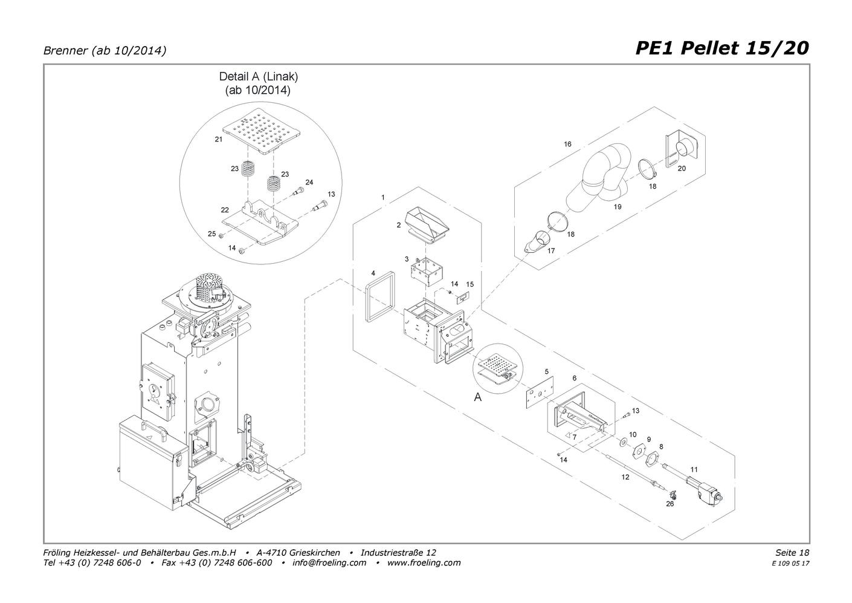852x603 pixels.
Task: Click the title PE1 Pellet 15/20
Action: pos(721,48)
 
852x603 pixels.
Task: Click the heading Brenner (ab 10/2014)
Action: pos(105,51)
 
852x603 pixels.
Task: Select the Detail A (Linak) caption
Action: pos(258,83)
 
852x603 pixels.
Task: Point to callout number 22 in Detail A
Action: pos(225,210)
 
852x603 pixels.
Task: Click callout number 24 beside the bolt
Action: pos(309,182)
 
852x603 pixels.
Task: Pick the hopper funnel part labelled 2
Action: pos(428,224)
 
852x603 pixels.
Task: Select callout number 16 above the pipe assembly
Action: pos(567,144)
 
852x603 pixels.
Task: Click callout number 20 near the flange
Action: pos(682,168)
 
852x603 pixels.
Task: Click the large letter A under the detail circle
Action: pos(478,398)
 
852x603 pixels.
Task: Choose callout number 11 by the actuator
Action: pos(694,469)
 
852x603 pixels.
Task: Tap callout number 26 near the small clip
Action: pos(670,503)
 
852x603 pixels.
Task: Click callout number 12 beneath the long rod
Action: pos(625,477)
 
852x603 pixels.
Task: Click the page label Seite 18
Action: pos(792,552)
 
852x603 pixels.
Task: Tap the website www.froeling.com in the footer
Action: pos(424,562)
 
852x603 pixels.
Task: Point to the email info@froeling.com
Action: pos(329,562)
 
